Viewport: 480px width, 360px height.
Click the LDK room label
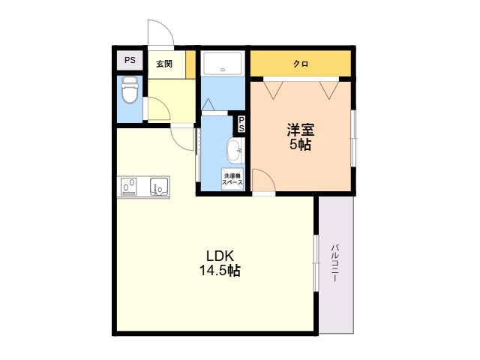pos(220,255)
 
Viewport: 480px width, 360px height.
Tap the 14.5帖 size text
pos(220,270)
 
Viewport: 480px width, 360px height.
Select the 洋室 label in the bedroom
pos(300,130)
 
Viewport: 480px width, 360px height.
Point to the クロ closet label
pos(301,64)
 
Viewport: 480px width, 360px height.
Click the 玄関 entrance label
pos(164,64)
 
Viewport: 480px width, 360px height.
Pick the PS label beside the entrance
pos(130,60)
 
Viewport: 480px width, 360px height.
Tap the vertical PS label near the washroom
pos(241,124)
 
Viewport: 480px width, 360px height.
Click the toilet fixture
pos(130,90)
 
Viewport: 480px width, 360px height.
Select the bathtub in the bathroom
pos(223,63)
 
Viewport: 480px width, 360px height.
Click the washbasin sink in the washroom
pos(234,150)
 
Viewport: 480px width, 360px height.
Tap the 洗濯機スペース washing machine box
pos(232,179)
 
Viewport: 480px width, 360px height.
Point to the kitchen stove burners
pos(129,187)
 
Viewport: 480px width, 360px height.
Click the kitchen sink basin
pos(159,187)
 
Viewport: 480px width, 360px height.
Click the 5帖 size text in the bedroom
pos(300,145)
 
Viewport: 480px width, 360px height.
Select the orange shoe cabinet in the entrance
pos(190,64)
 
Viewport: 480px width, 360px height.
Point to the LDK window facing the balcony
pos(316,263)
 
